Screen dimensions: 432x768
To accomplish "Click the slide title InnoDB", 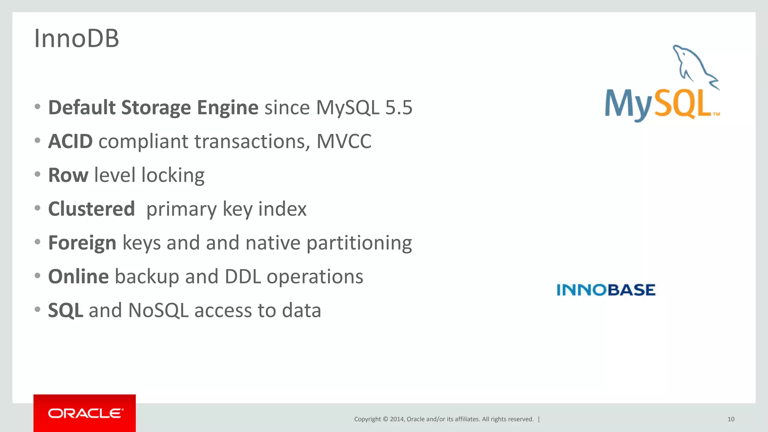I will pyautogui.click(x=76, y=38).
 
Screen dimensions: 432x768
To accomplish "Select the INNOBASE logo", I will pyautogui.click(x=606, y=290).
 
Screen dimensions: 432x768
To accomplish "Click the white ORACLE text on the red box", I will pyautogui.click(x=85, y=413).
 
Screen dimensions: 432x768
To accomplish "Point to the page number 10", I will pyautogui.click(x=730, y=419).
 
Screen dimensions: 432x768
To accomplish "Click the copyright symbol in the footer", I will pyautogui.click(x=385, y=419).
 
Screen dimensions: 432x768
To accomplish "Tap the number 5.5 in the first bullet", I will pyautogui.click(x=399, y=108).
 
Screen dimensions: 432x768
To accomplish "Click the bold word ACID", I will pyautogui.click(x=70, y=141).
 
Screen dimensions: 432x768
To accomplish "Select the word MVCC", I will pyautogui.click(x=343, y=141).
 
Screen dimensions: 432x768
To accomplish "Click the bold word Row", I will pyautogui.click(x=68, y=175).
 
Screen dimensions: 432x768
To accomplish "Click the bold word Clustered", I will pyautogui.click(x=91, y=209).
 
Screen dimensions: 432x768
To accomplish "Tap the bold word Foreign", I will pyautogui.click(x=82, y=243).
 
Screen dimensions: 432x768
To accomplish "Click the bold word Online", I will pyautogui.click(x=78, y=277).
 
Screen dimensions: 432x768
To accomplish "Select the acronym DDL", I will pyautogui.click(x=243, y=277).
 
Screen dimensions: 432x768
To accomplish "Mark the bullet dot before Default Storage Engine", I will pyautogui.click(x=37, y=107).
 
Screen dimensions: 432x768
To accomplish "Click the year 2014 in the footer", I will pyautogui.click(x=397, y=419).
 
